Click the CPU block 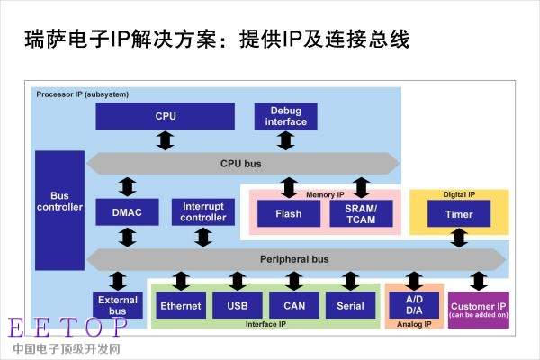pos(166,116)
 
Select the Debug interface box pos(286,116)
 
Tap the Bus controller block pos(59,210)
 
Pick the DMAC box pos(127,212)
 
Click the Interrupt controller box pos(203,212)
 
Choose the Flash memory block pos(289,213)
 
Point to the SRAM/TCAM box pos(361,213)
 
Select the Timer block pos(459,213)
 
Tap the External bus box pos(117,305)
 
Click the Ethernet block pos(181,305)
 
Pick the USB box pos(238,305)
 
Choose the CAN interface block pos(294,305)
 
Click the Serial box pos(351,305)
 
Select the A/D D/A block pos(414,305)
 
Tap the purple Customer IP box pos(479,310)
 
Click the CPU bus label pos(240,164)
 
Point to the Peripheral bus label pos(294,259)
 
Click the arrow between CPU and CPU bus pos(166,140)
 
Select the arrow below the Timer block pos(459,238)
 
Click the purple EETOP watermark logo pos(67,328)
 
